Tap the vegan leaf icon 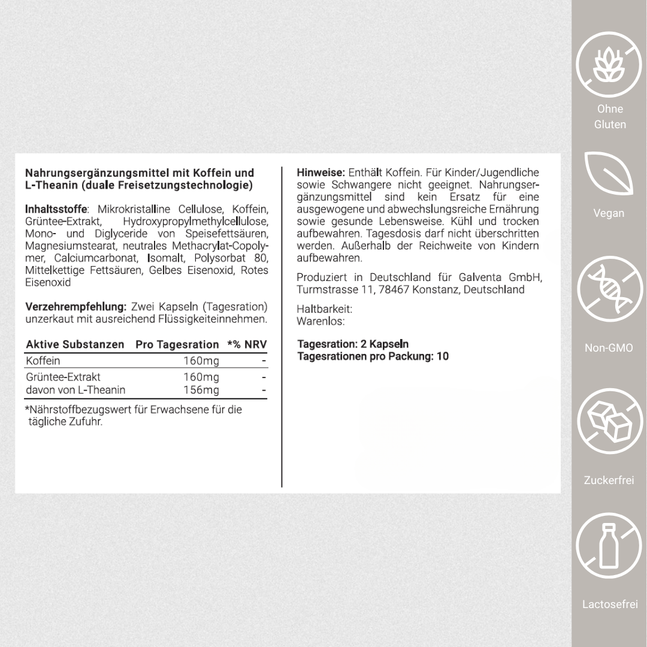tap(609, 174)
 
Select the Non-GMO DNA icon tap(609, 291)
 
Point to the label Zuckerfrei tap(609, 480)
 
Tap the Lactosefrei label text tap(609, 604)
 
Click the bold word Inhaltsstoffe tap(56, 209)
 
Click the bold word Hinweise tap(321, 173)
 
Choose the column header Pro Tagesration tap(177, 344)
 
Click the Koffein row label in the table tap(43, 361)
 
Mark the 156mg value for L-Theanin tap(201, 391)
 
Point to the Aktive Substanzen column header tap(75, 344)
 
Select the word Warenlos tap(321, 322)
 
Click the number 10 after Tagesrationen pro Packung tap(443, 356)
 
